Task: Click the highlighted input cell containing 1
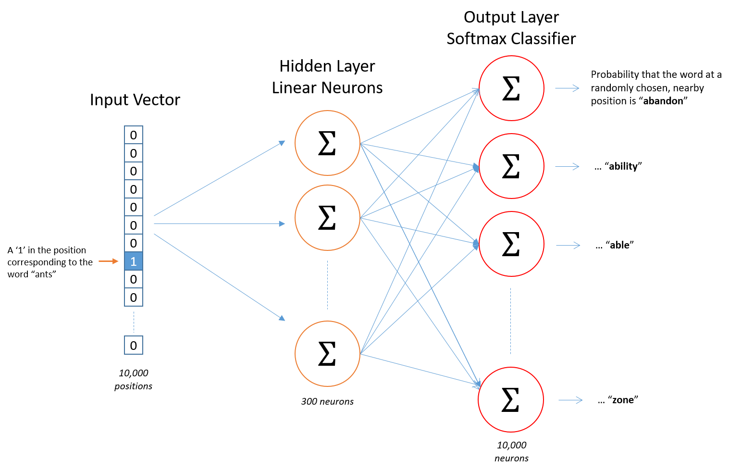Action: click(x=134, y=261)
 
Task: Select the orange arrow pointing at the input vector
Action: click(x=108, y=261)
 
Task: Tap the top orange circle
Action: click(x=327, y=143)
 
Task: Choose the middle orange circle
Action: click(x=327, y=218)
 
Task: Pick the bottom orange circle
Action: click(x=327, y=354)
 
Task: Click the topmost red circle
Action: click(x=511, y=88)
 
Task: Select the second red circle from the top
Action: click(x=511, y=166)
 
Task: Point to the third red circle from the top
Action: click(x=511, y=244)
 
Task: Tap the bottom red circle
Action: click(x=511, y=399)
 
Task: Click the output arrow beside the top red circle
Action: click(x=567, y=88)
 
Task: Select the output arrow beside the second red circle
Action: click(x=567, y=166)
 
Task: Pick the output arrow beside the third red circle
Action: click(x=568, y=245)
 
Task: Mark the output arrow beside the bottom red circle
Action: click(x=570, y=400)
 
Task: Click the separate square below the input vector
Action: click(x=134, y=345)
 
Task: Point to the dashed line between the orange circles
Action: click(x=327, y=285)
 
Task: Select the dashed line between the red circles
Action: click(x=510, y=321)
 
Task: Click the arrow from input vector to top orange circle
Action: click(x=219, y=178)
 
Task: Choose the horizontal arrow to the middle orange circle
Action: click(x=219, y=223)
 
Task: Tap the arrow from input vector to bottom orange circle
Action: click(x=219, y=277)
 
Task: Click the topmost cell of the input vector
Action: click(x=134, y=135)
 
